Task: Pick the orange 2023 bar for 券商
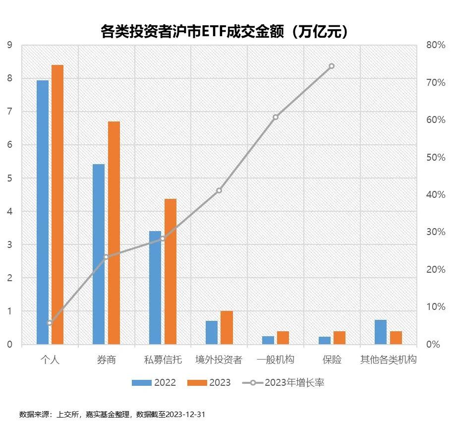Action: (114, 233)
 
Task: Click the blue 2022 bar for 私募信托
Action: (155, 288)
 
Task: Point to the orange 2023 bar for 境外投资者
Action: (227, 327)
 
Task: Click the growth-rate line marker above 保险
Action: (332, 66)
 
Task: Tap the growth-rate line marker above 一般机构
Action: (276, 117)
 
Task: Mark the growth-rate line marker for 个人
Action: (50, 323)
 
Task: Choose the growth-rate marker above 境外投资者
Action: (219, 190)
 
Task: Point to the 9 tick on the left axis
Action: (10, 45)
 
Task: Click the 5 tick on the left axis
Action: (10, 179)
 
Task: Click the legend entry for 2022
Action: (154, 383)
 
